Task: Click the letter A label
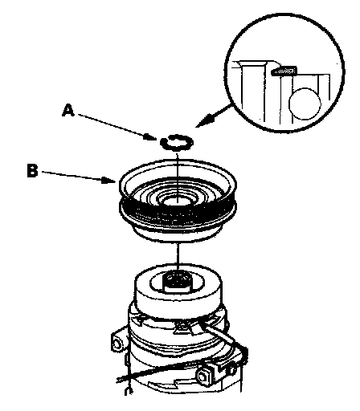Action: [68, 111]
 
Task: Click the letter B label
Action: [33, 170]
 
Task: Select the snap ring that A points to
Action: [177, 142]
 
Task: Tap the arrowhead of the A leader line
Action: [150, 137]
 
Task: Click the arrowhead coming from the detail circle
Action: [205, 120]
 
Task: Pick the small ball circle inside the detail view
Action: [305, 104]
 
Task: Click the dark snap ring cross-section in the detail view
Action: [284, 71]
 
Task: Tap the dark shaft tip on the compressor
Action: [177, 282]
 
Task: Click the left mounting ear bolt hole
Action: [117, 344]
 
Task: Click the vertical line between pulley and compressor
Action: [177, 256]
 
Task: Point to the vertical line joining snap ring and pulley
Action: [177, 175]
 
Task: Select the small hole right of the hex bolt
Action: [231, 370]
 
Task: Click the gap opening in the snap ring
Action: [168, 137]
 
